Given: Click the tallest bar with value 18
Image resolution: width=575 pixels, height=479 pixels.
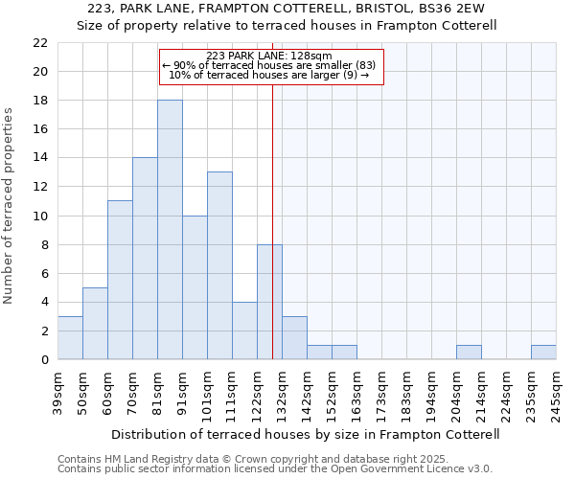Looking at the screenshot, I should pos(170,230).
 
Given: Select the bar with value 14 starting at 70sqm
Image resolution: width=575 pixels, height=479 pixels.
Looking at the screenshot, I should pos(145,259).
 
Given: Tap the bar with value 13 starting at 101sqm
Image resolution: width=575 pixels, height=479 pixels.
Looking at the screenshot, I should pos(219,265).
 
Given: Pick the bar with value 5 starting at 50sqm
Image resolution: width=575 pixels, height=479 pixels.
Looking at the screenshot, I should pos(95,323).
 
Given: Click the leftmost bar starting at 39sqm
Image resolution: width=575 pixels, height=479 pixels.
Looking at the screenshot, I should pos(70,337).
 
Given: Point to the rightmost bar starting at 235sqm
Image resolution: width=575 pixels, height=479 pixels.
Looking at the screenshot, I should pos(543,352).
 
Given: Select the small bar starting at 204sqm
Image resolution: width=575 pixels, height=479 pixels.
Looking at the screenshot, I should pos(469,352).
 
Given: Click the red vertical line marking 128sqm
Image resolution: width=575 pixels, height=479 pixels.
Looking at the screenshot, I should pos(273,220).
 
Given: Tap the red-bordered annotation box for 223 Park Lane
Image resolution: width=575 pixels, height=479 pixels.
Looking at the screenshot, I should pos(271,67).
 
